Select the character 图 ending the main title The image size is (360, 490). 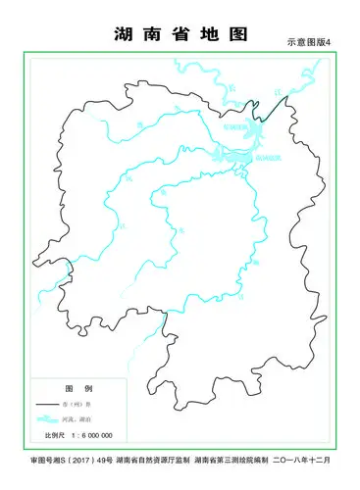tap(237, 33)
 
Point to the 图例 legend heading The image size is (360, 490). tap(72, 389)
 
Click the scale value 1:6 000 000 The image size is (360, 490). tap(90, 435)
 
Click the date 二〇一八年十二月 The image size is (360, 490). tap(303, 460)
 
